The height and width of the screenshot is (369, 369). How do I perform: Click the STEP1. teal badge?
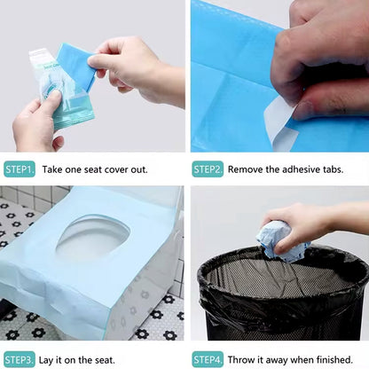[20, 169]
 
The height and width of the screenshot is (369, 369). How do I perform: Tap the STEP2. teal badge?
[208, 169]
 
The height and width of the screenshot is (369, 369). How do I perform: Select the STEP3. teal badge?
[20, 359]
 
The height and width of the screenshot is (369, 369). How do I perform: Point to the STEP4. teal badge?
[208, 359]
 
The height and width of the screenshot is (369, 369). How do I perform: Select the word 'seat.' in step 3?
[105, 360]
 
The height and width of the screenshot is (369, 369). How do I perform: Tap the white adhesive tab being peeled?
[280, 122]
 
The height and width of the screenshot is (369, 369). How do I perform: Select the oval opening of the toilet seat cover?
[92, 238]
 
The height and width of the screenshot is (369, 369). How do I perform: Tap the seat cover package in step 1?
[60, 89]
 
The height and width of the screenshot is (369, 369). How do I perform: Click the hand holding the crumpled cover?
[308, 224]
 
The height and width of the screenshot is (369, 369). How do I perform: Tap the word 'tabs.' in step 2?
[334, 169]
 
